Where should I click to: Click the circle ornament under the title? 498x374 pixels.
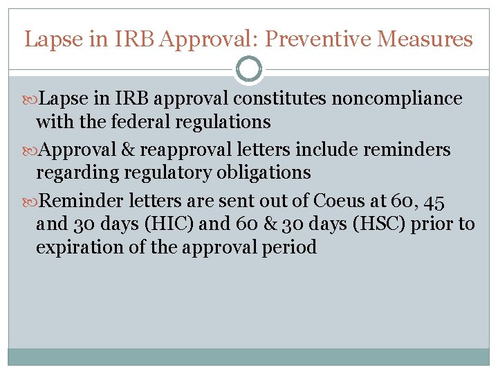point(249,69)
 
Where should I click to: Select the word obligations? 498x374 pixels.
point(259,172)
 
